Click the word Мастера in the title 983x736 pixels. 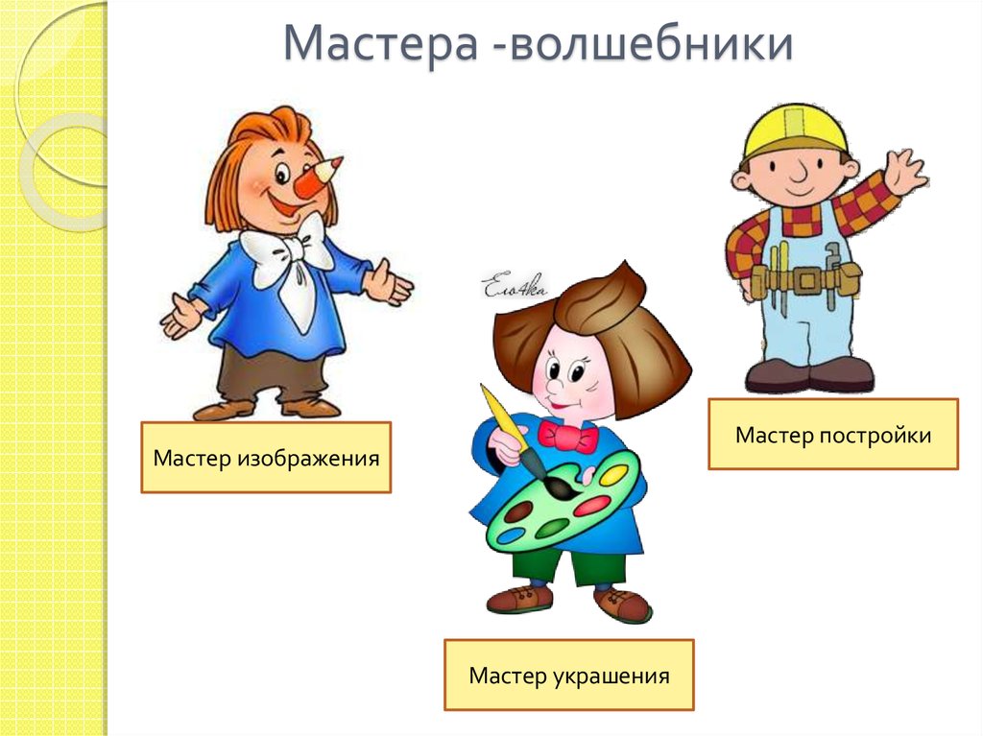click(x=382, y=46)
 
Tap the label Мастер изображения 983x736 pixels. click(x=266, y=458)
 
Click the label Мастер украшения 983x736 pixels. click(x=568, y=676)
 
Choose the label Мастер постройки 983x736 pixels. click(x=832, y=435)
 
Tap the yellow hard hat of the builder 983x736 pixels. click(x=796, y=131)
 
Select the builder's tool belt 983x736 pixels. click(x=804, y=279)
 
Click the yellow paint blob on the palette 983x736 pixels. click(x=613, y=474)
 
